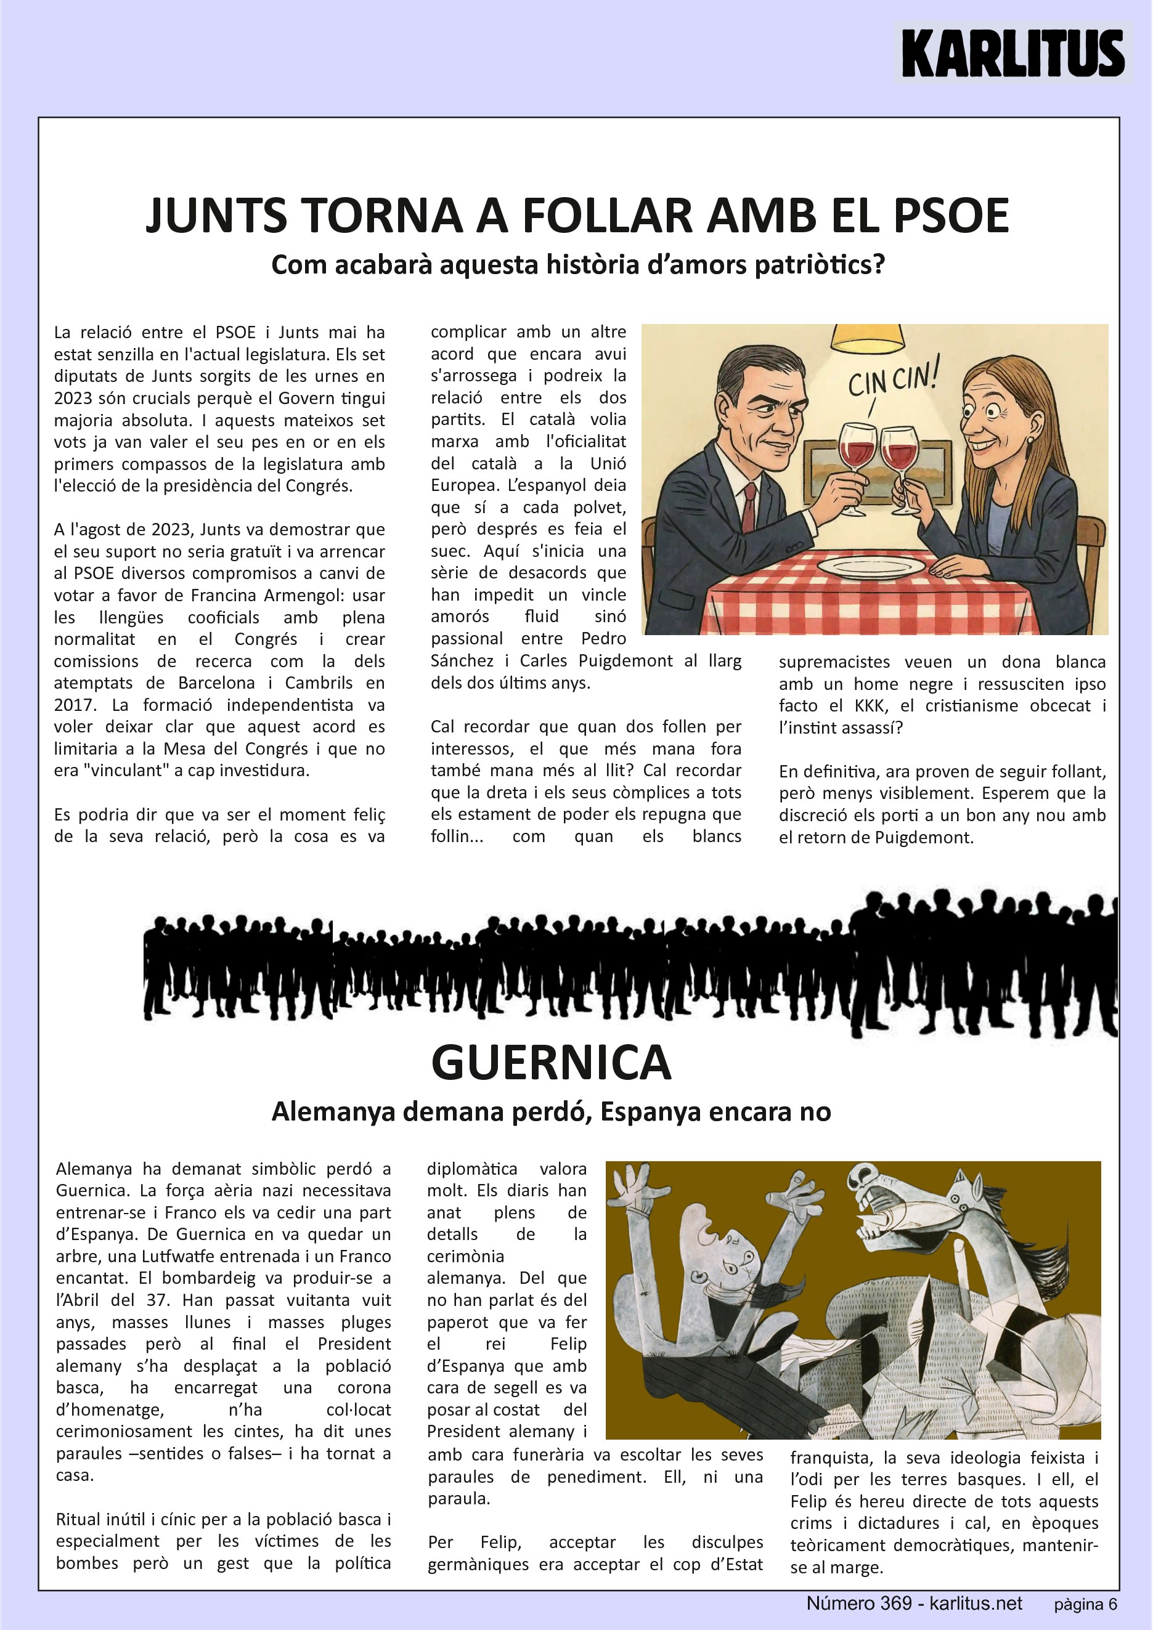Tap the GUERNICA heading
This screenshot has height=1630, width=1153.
tap(551, 1063)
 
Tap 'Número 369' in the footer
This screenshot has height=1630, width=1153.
tap(858, 1603)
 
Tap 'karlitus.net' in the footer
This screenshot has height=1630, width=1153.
tap(976, 1603)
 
